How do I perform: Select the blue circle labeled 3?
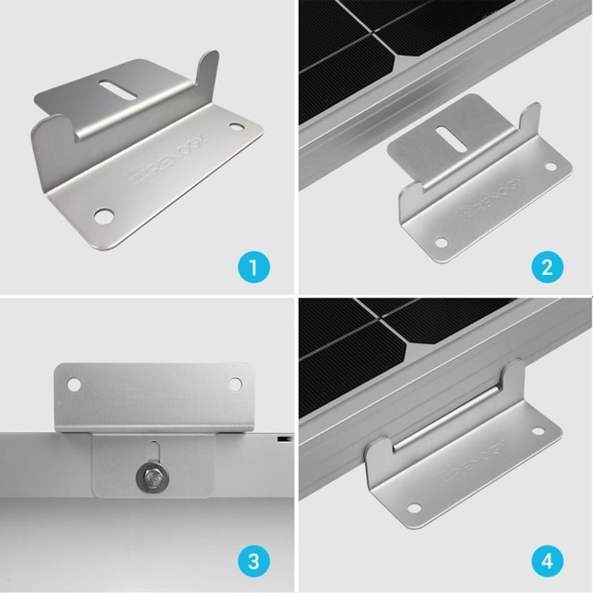tap(254, 562)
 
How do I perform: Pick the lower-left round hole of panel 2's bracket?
tap(440, 243)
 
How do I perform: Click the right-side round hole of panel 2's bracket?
tap(551, 166)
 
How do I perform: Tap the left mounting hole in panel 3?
tap(74, 384)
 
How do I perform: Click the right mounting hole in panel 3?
tap(235, 383)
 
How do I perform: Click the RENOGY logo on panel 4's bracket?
tap(472, 461)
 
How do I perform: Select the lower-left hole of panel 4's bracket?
tap(414, 508)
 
